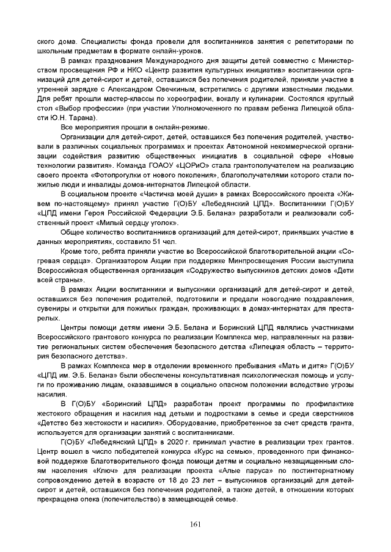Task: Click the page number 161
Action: [x=195, y=524]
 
